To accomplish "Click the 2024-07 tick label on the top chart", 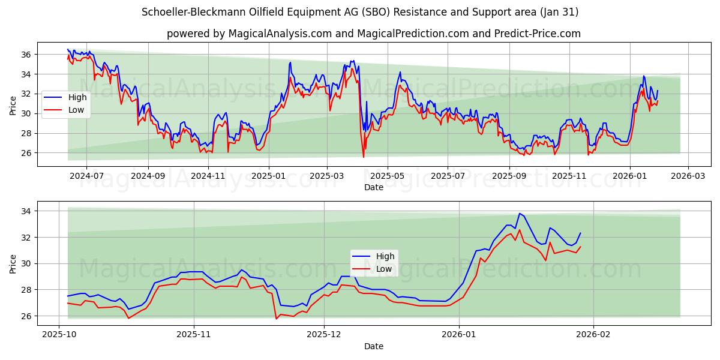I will (86, 176).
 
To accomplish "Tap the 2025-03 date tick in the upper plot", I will (327, 176).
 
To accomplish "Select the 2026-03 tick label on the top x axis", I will (688, 176).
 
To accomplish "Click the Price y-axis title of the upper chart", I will (13, 106).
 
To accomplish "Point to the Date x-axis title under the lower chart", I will (373, 346).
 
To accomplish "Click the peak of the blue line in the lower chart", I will (520, 214).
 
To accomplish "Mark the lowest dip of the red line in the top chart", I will (363, 157).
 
